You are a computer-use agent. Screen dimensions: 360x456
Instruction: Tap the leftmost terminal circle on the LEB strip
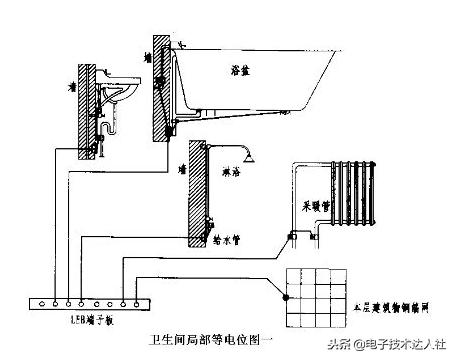[x=40, y=301]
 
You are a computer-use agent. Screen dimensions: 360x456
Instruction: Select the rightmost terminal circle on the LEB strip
[x=139, y=301]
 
